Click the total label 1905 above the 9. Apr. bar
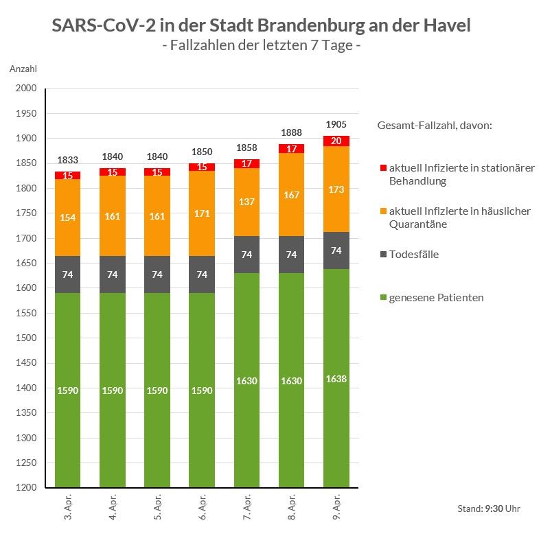click(x=336, y=124)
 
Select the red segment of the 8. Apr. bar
click(x=291, y=148)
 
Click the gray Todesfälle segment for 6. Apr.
click(x=202, y=274)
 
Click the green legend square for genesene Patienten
click(x=382, y=298)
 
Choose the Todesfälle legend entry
click(x=413, y=255)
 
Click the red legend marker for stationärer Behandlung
click(x=382, y=168)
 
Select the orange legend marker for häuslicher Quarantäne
click(x=382, y=211)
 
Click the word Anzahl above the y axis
click(x=23, y=69)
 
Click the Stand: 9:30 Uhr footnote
click(x=488, y=508)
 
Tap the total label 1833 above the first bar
click(x=68, y=160)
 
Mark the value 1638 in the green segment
click(x=336, y=379)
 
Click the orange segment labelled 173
click(x=336, y=189)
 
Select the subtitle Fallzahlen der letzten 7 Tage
click(x=261, y=46)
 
